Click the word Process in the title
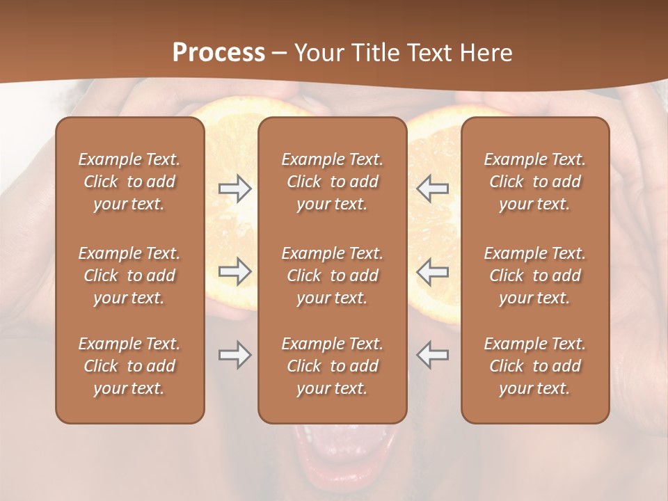[x=218, y=53]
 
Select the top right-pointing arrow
[x=235, y=188]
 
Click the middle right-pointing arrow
[x=235, y=271]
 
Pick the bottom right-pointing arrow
[x=235, y=355]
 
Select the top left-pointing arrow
[x=432, y=188]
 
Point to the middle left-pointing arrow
[x=432, y=271]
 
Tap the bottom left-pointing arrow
[x=432, y=355]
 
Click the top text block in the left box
[x=129, y=182]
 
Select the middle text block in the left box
[x=129, y=276]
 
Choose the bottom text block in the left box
[x=129, y=366]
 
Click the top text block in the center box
[x=333, y=182]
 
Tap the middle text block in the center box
[x=333, y=276]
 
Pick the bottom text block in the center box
[x=333, y=366]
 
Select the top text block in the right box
[x=535, y=182]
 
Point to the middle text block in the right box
[x=535, y=276]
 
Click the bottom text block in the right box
[x=535, y=366]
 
